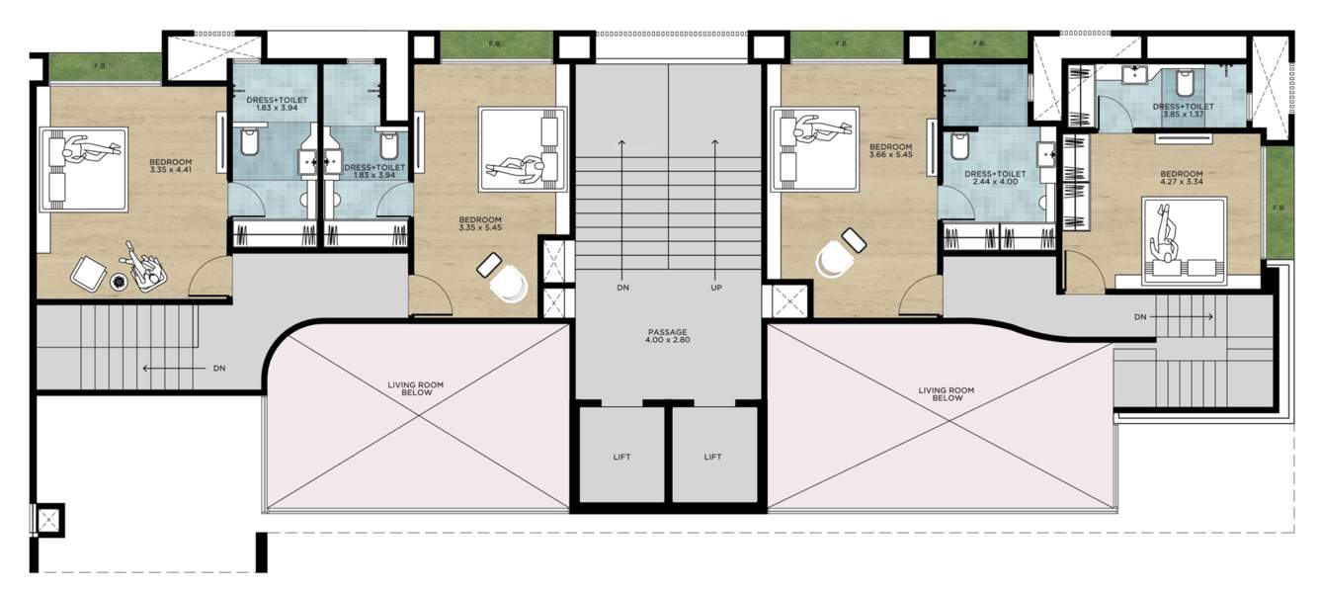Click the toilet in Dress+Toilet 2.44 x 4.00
tap(957, 148)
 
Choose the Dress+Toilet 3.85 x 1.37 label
tap(1182, 111)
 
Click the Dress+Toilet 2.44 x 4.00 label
tap(995, 178)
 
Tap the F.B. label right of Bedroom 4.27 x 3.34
tap(1279, 208)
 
